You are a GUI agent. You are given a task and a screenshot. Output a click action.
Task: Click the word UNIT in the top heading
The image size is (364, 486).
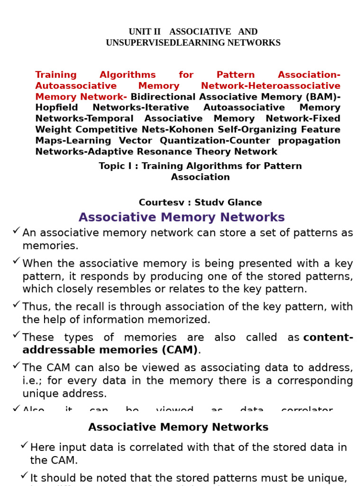[x=138, y=32]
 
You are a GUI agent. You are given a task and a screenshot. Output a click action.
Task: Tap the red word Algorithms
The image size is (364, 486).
[x=127, y=75]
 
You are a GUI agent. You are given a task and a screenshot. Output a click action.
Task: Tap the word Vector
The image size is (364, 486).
[x=136, y=140]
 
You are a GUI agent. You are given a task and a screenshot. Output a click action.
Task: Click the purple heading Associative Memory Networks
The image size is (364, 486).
[x=182, y=217]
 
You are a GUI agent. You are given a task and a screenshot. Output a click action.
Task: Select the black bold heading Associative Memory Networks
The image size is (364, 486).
[x=178, y=427]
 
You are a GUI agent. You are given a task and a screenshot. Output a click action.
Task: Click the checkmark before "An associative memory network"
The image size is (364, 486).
[x=16, y=231]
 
